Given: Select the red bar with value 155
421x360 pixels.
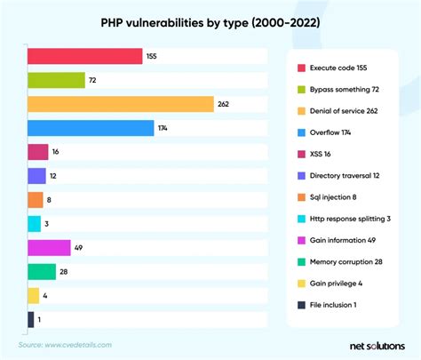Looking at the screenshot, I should pyautogui.click(x=85, y=56).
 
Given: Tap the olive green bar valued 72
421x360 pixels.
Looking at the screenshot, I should pyautogui.click(x=56, y=80).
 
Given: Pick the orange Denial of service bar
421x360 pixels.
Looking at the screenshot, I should pyautogui.click(x=121, y=104).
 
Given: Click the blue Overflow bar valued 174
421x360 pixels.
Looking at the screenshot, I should pyautogui.click(x=91, y=128).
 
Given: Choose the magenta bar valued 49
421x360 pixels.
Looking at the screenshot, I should pyautogui.click(x=49, y=247).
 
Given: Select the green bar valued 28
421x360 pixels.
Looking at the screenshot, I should pyautogui.click(x=42, y=271).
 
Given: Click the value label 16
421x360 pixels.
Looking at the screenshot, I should pyautogui.click(x=56, y=152).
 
